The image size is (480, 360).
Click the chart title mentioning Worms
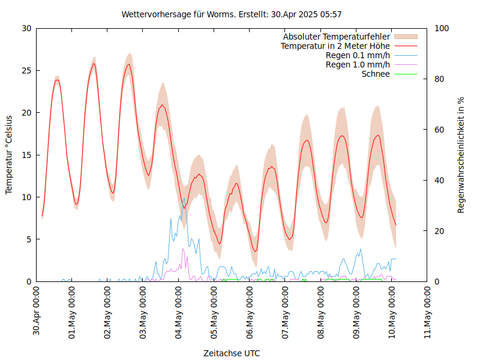[232, 14]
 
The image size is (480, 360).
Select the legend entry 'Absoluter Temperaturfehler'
[337, 37]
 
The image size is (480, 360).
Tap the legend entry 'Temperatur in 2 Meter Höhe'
[335, 46]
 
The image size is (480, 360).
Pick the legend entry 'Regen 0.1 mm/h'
[358, 55]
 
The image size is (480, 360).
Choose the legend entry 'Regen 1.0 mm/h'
[358, 65]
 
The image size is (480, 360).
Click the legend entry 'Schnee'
[376, 74]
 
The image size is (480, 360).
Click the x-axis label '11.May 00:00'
[428, 311]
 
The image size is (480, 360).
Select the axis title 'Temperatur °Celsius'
[9, 155]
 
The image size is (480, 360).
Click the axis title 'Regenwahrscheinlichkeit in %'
[461, 155]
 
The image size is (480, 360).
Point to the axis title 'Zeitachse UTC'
[232, 353]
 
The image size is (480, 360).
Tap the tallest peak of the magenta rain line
[183, 248]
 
